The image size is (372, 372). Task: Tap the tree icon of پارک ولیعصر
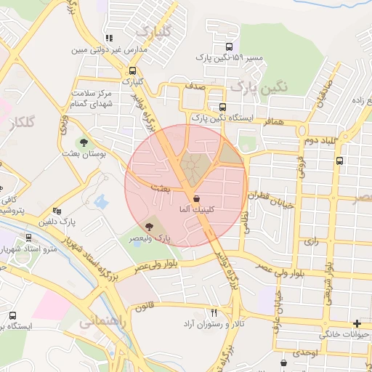150,228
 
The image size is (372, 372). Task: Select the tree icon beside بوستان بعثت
85,142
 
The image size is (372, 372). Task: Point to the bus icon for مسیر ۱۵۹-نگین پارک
230,46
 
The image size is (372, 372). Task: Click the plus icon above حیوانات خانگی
356,323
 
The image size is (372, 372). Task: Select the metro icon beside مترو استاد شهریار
28,237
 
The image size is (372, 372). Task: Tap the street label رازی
311,240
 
